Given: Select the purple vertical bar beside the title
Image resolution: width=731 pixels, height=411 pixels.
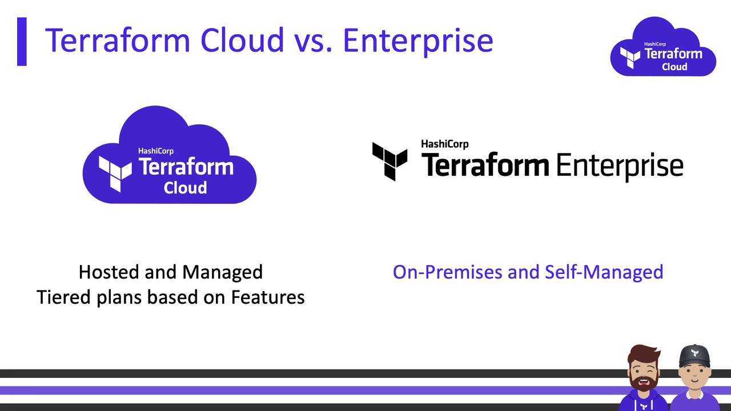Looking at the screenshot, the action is [22, 42].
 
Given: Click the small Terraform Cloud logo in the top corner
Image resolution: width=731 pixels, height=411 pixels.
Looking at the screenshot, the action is [663, 46].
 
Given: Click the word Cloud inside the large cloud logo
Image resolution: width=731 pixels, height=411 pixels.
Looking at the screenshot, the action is [185, 188].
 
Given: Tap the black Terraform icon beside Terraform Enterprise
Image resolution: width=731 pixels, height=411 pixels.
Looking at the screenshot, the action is [390, 162].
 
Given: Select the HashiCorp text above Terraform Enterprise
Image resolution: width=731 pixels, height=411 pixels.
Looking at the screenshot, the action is [445, 144].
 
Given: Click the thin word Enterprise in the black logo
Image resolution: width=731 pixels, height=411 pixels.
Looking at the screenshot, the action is [620, 166].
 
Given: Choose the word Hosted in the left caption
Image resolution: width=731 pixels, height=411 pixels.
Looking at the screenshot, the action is [109, 272].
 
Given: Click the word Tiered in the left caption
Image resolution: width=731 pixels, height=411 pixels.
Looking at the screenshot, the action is [63, 297].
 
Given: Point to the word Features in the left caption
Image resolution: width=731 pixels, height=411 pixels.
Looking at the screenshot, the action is [268, 297].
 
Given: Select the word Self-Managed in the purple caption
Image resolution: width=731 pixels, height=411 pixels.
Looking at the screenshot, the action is [604, 272].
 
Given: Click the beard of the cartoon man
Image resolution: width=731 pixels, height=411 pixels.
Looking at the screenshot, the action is [642, 384].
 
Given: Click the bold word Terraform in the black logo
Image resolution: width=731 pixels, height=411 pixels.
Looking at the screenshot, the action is [485, 165].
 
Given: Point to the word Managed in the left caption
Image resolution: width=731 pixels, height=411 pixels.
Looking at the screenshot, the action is [222, 272].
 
